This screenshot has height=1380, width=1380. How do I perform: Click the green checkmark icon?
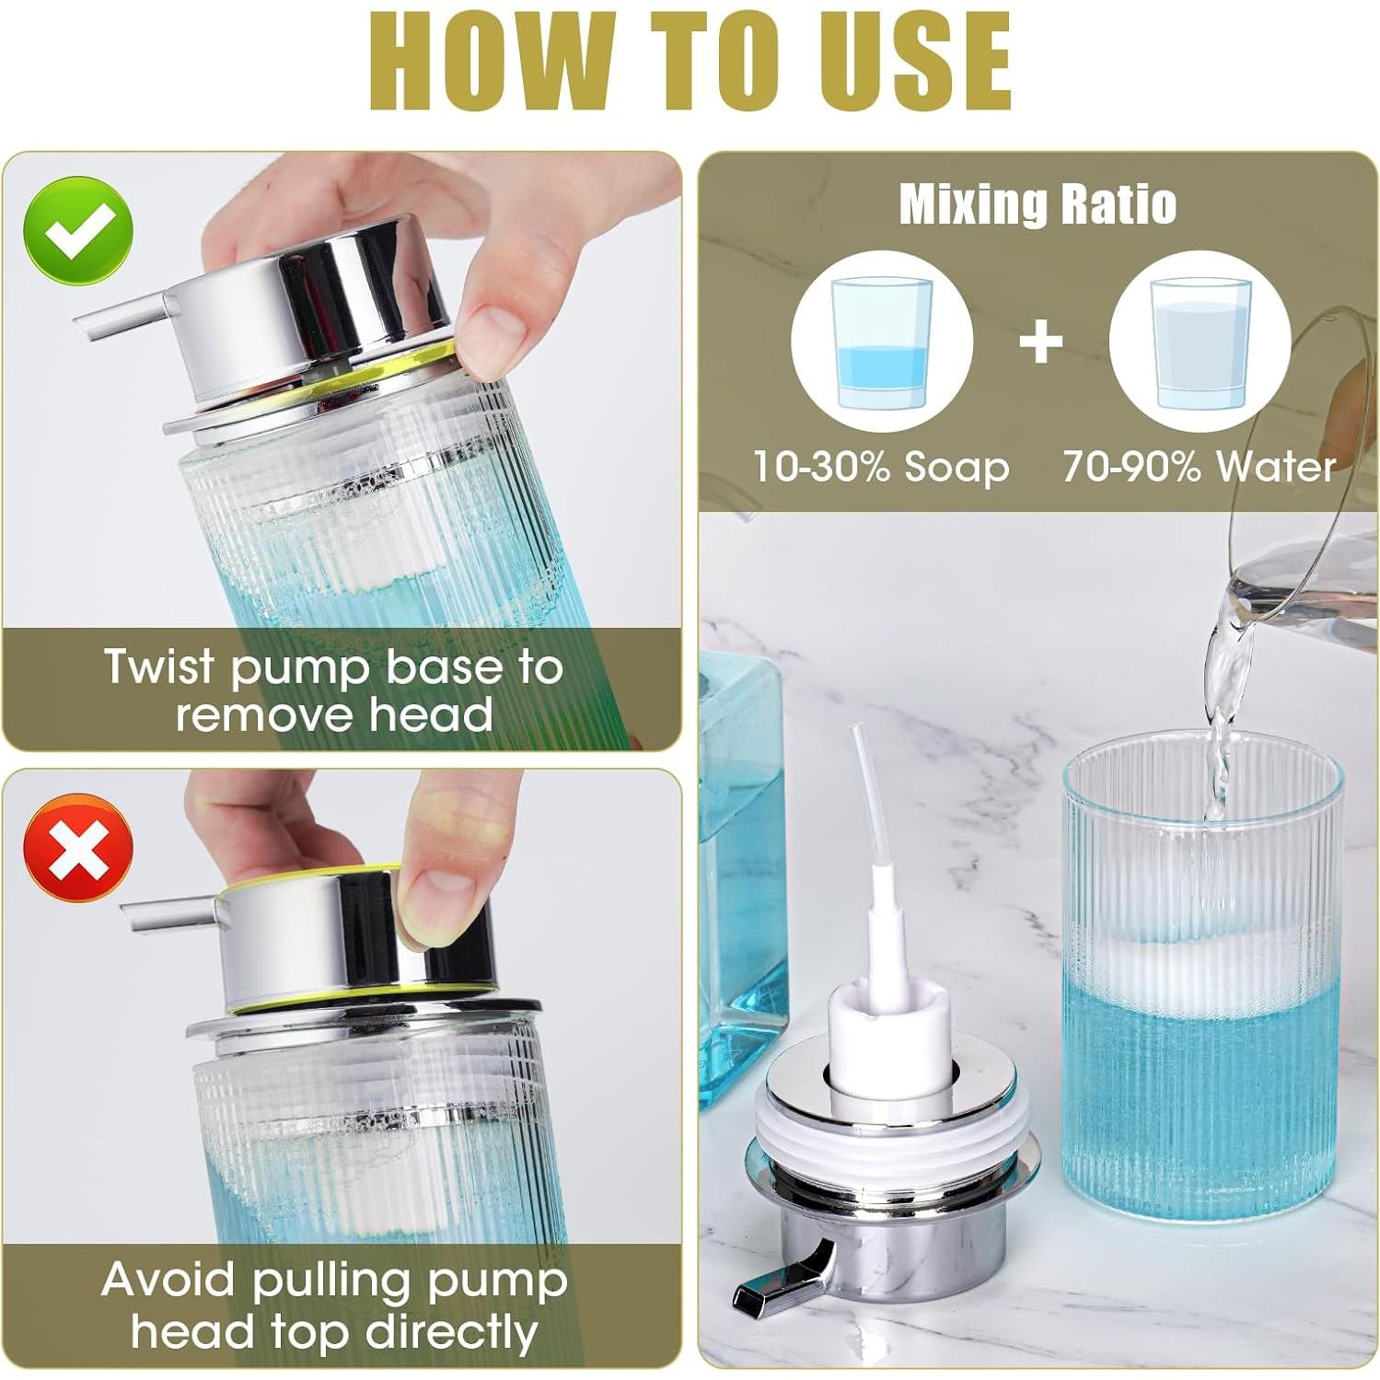point(78,231)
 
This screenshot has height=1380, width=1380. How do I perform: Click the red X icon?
point(78,848)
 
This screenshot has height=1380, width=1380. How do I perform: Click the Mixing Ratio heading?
point(1038,203)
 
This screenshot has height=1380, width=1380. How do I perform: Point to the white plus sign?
point(1041,342)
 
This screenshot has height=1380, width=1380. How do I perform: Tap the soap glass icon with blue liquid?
point(881,342)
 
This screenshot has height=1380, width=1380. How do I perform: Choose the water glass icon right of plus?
point(1200,342)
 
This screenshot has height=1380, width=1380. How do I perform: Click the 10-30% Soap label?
point(881,467)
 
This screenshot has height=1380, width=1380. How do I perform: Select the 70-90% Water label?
point(1199,467)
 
